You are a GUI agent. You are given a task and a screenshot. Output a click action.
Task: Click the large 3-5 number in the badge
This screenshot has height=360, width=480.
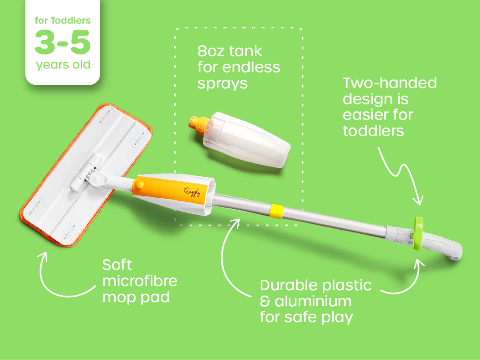point(62,42)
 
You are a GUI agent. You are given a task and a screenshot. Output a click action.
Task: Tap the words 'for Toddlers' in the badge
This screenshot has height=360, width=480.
point(62,20)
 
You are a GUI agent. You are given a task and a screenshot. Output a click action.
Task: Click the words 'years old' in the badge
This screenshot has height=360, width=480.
point(63,64)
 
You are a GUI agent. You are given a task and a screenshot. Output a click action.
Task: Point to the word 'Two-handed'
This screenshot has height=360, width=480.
point(390,83)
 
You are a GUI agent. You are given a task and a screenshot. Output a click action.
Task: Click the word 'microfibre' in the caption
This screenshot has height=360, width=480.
point(140,281)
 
